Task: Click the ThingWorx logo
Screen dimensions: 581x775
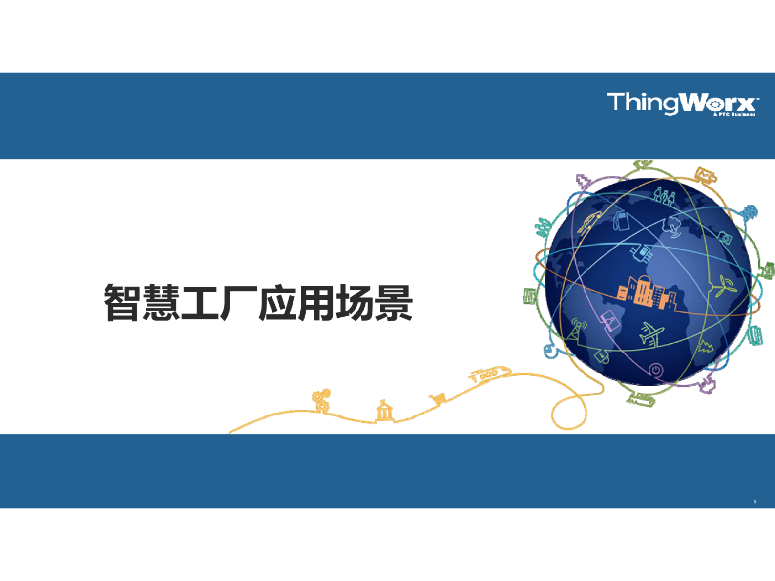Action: point(682,104)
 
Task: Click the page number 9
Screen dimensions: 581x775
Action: point(755,502)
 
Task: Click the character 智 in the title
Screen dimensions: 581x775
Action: point(122,303)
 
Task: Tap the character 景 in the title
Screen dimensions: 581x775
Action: point(394,303)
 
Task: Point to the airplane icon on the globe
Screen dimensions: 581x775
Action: point(652,334)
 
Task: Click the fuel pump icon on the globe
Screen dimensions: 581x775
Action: point(621,220)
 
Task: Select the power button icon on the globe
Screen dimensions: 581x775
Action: point(655,370)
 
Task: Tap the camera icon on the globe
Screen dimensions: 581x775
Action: point(726,238)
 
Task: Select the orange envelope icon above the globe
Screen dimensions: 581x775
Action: point(705,174)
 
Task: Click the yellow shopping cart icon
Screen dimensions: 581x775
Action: point(438,399)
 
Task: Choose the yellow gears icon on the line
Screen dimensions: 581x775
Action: point(321,399)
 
